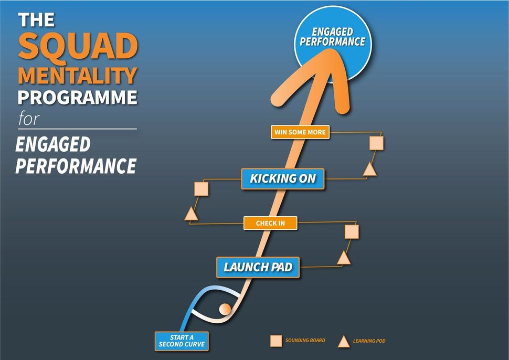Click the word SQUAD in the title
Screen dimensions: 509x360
[78, 46]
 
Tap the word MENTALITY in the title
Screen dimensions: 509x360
[78, 76]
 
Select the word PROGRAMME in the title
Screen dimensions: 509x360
[78, 98]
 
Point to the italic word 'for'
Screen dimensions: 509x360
[29, 119]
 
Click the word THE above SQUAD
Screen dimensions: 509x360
[36, 20]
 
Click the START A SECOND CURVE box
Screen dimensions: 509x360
[182, 341]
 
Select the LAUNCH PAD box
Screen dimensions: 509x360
[258, 267]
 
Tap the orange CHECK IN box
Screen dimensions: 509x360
[270, 223]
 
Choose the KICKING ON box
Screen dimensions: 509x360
[283, 178]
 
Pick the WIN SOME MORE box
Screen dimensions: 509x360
[300, 132]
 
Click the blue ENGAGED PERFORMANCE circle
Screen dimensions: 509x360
[333, 44]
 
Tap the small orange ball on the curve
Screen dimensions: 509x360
[225, 309]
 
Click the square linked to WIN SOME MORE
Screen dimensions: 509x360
[377, 143]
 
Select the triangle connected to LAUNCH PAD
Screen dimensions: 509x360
[344, 258]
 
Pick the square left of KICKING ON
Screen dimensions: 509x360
[202, 189]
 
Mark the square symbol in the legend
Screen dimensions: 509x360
[276, 341]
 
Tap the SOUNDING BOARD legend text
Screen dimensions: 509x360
[305, 340]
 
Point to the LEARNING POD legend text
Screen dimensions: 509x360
[369, 341]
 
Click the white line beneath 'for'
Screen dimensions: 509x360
[78, 129]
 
